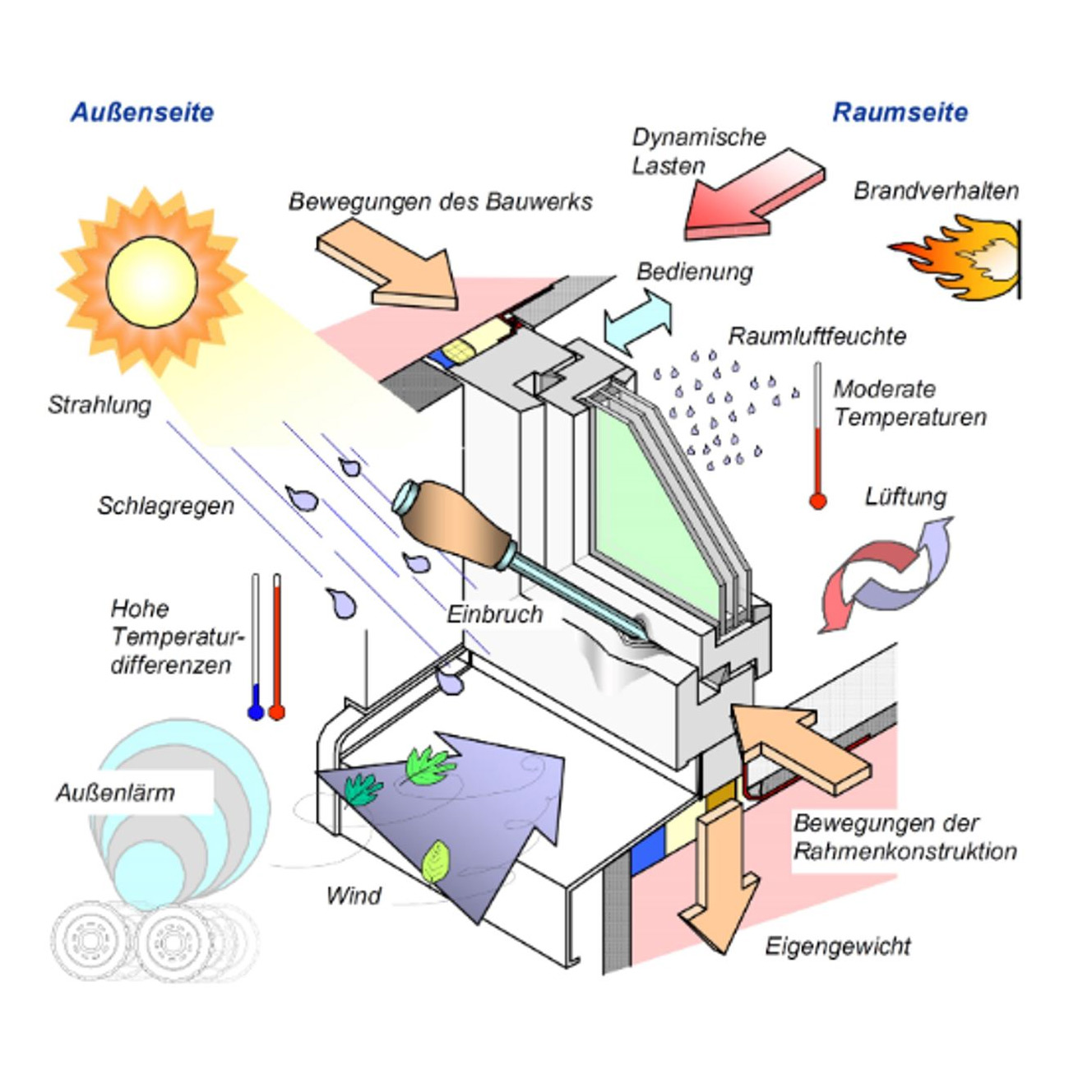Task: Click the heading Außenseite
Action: [142, 113]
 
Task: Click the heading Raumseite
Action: [900, 113]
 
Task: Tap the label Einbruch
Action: [494, 614]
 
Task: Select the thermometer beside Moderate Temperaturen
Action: [817, 436]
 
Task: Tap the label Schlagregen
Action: [166, 506]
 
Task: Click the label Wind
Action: [354, 895]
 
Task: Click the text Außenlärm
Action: [116, 793]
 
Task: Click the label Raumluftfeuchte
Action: [817, 336]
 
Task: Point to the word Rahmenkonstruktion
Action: [905, 851]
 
